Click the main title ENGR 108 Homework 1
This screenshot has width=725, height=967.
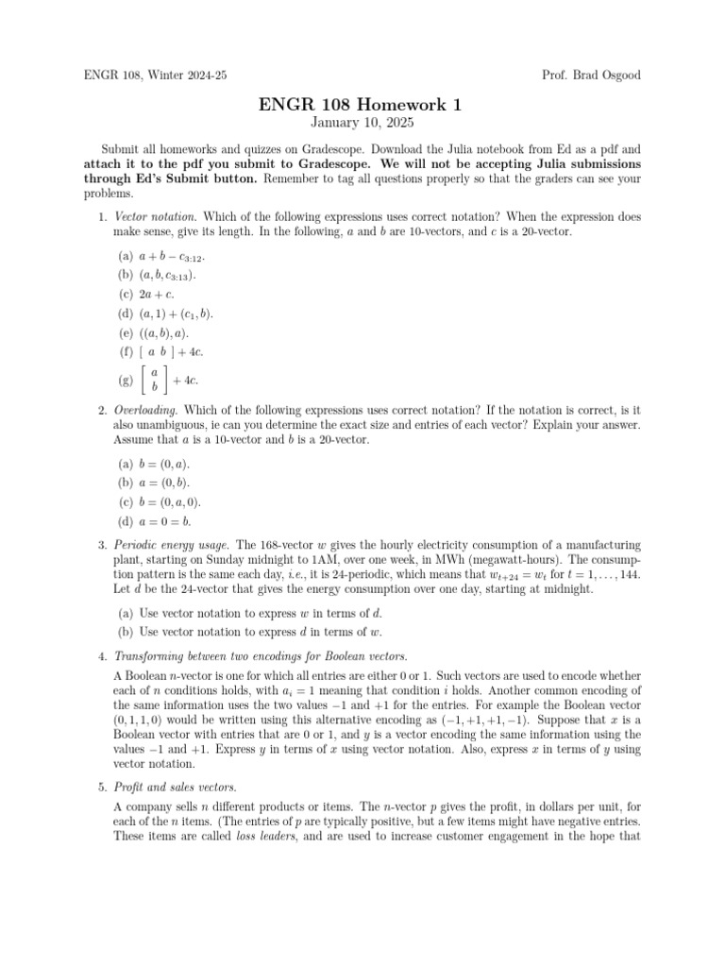coord(362,105)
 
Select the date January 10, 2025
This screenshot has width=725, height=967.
coord(362,124)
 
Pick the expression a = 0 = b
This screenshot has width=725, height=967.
coord(167,520)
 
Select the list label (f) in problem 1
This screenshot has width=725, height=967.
coord(125,352)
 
